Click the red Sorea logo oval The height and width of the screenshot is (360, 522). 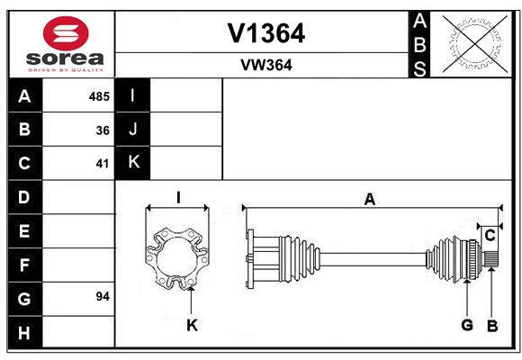(66, 33)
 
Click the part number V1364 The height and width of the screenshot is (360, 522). (266, 33)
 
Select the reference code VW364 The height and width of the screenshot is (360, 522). (266, 65)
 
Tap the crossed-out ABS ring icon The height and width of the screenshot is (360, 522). (475, 43)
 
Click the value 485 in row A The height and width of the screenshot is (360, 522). (99, 96)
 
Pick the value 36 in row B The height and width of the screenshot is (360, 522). (103, 130)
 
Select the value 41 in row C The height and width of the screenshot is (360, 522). (103, 164)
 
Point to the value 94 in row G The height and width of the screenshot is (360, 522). (103, 296)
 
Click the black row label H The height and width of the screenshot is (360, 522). (25, 332)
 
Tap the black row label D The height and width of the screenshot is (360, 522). (25, 197)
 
